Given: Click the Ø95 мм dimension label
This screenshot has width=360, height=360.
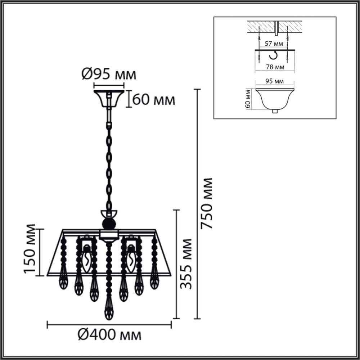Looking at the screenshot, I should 109,75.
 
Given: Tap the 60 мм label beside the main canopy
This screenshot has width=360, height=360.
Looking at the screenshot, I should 154,100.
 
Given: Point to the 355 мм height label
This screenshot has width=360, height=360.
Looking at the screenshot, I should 186,264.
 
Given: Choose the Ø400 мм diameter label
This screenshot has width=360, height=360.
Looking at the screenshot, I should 109,335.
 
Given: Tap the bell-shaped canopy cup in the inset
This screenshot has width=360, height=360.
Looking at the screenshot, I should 275,98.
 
